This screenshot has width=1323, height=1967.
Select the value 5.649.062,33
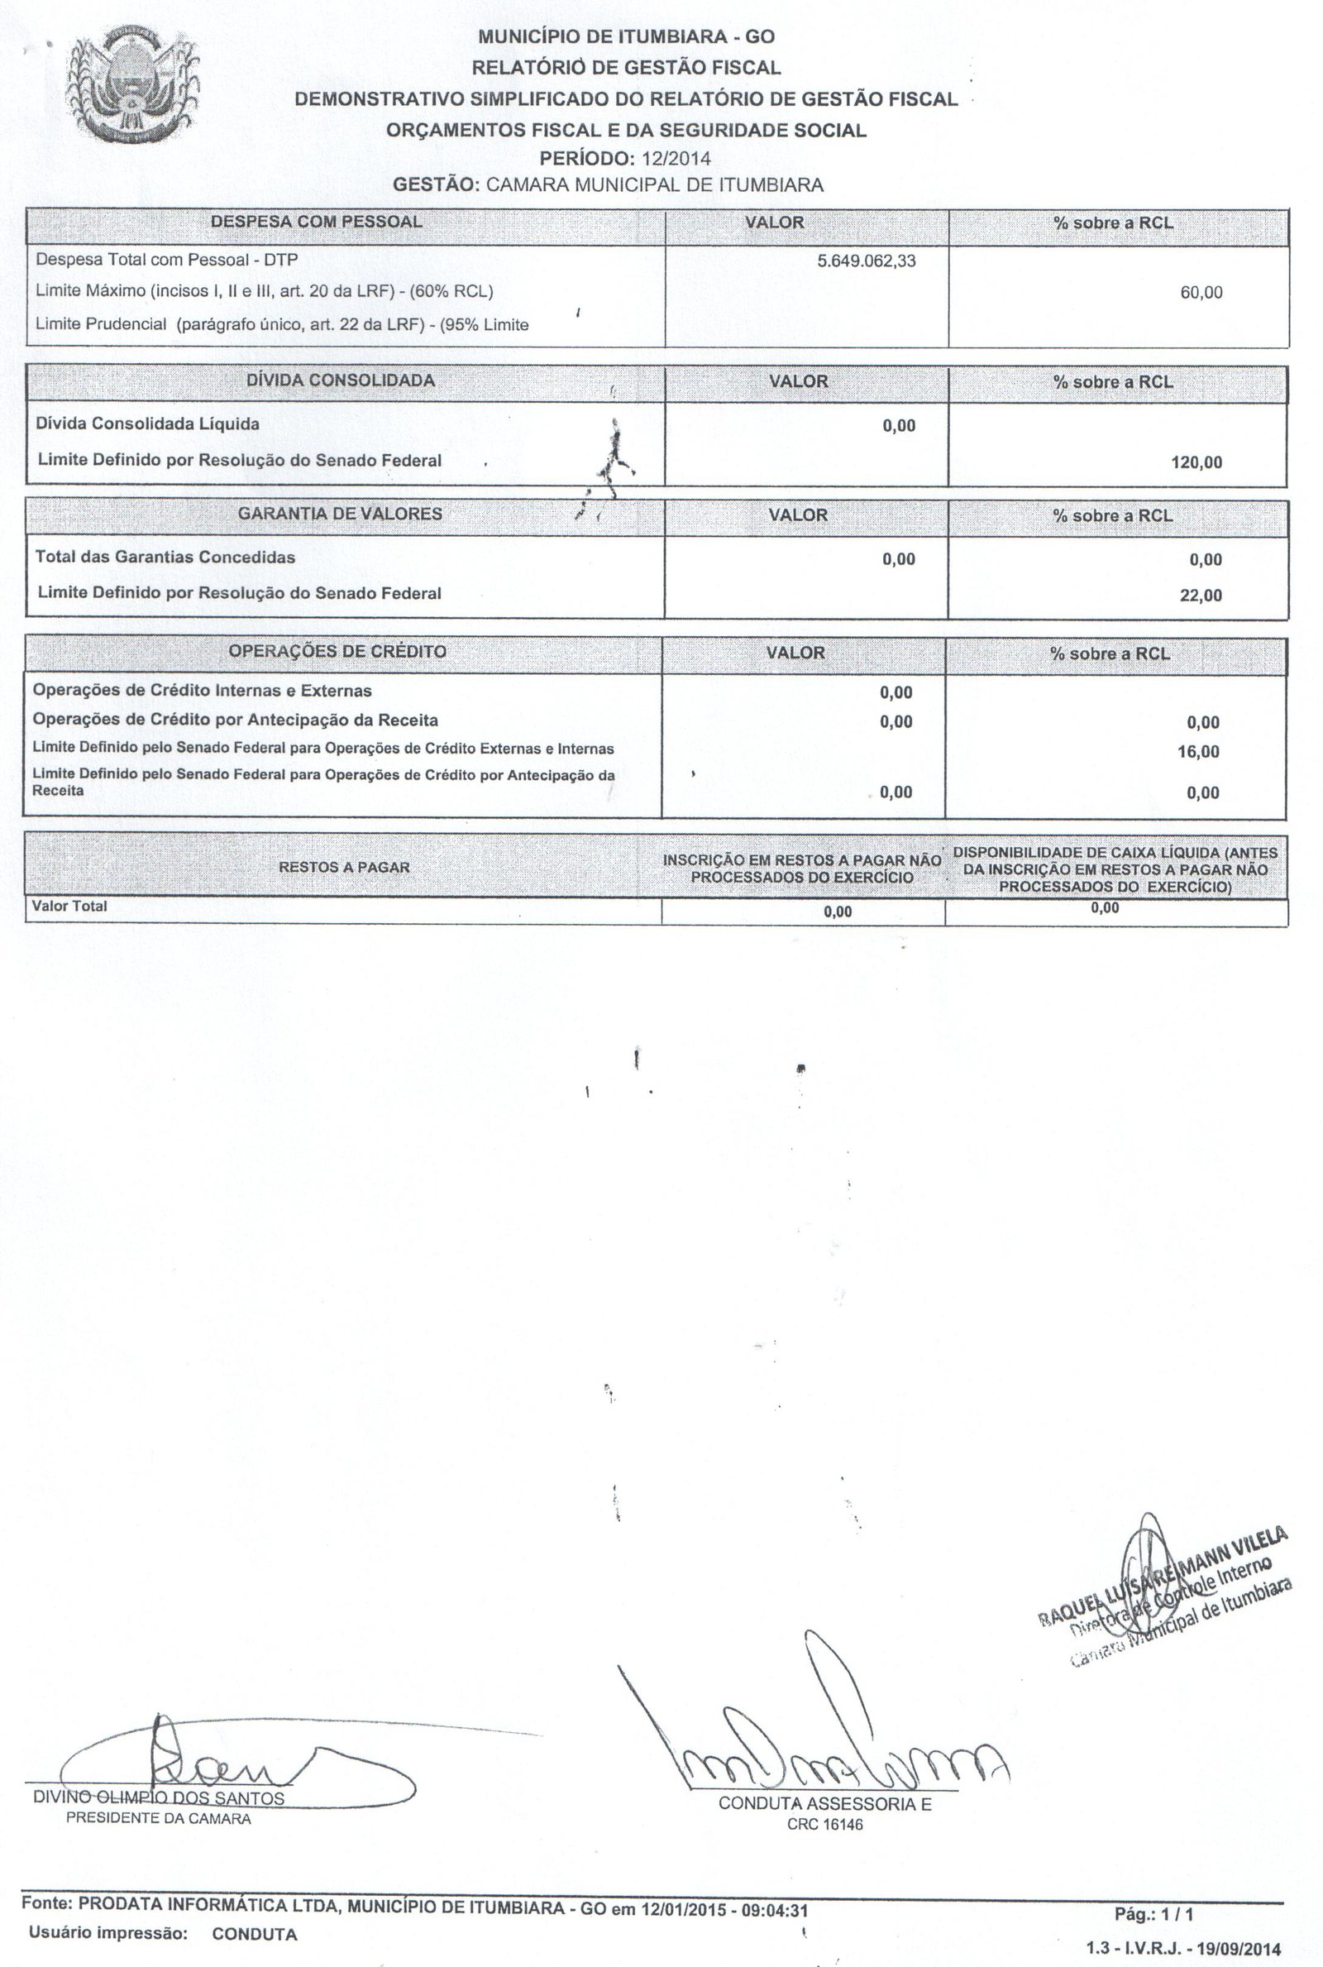pos(866,261)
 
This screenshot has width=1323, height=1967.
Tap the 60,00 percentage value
pos(1201,293)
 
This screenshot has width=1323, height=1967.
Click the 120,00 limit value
pos(1196,462)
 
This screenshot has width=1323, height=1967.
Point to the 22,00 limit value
pos(1201,596)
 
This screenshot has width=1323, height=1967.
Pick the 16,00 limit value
pos(1198,752)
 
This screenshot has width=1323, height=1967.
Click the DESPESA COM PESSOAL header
pos(316,222)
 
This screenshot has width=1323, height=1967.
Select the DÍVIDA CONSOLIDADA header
pos(340,380)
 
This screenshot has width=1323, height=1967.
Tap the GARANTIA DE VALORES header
pos(339,514)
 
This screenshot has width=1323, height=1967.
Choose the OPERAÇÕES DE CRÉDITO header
pos(337,652)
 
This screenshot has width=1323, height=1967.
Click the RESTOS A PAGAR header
pos(344,868)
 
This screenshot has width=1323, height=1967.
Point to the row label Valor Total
pos(69,907)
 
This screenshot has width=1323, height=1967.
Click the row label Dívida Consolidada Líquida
pos(147,424)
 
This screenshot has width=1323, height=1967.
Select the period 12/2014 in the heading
pos(676,159)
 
